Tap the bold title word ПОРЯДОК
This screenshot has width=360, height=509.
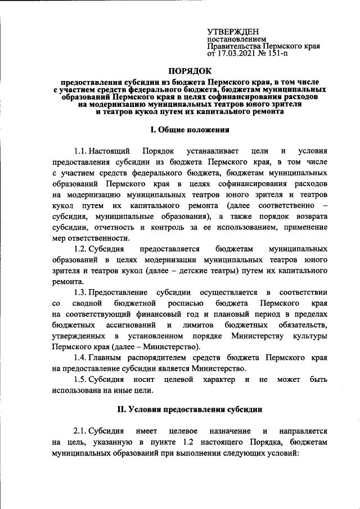coord(191,71)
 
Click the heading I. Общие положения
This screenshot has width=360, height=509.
coord(191,130)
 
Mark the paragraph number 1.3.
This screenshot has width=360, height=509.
coord(81,292)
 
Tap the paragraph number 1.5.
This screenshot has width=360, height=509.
coord(81,380)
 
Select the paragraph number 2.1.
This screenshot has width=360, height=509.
coord(81,431)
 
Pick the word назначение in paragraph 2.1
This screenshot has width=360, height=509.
coord(226,431)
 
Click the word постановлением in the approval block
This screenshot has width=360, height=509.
coord(233,40)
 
